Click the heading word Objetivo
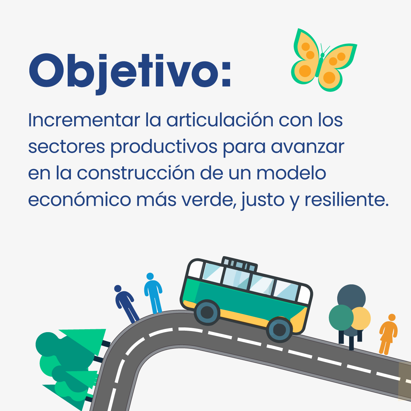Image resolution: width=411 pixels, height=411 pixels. (130, 73)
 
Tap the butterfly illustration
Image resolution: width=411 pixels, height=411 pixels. (324, 60)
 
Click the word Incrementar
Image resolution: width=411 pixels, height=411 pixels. (84, 120)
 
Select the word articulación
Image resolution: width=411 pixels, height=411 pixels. (220, 120)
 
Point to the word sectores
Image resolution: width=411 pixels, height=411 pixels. (67, 147)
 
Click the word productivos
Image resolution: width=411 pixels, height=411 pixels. (164, 147)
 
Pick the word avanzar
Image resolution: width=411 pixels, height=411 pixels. (308, 147)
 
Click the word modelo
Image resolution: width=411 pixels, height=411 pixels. (291, 173)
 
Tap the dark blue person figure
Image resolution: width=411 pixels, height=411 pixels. (126, 304)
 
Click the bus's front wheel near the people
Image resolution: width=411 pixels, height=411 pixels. (207, 313)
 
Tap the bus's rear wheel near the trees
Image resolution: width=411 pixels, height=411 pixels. (279, 330)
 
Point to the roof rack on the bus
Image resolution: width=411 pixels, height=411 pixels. (240, 264)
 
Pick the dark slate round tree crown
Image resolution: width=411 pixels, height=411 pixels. (351, 297)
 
